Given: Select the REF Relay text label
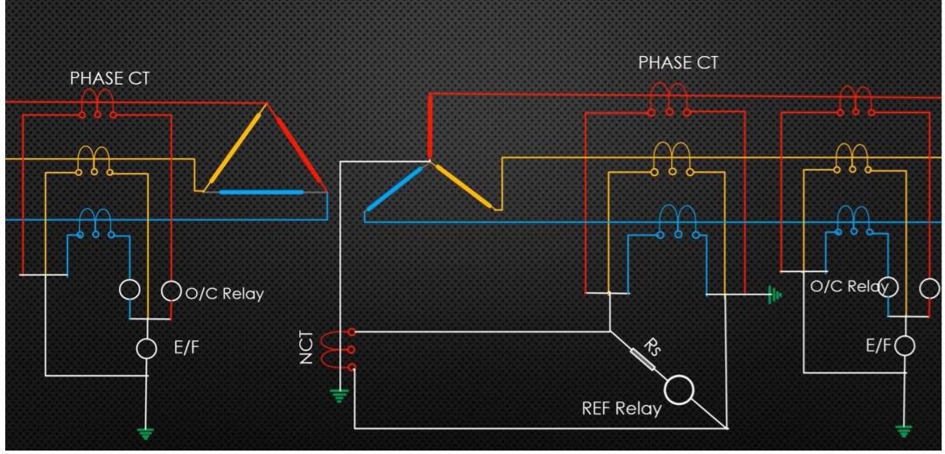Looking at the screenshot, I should tap(621, 409).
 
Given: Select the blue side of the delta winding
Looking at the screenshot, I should tap(261, 191).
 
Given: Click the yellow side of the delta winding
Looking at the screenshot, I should tap(230, 149).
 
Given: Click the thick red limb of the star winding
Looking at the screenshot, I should tap(430, 127).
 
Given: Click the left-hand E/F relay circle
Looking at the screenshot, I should tap(147, 348).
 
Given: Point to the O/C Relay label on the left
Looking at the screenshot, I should tap(224, 294).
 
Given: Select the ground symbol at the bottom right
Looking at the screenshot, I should tap(904, 430).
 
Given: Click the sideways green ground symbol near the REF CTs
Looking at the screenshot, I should tap(773, 296).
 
